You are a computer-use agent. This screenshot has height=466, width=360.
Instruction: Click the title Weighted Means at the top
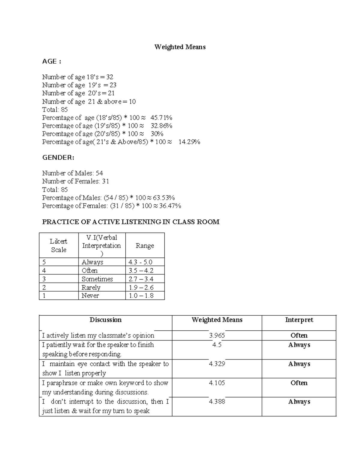pyautogui.click(x=180, y=47)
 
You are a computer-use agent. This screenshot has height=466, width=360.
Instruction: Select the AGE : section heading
pyautogui.click(x=52, y=62)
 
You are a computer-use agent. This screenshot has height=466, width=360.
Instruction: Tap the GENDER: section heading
pyautogui.click(x=58, y=158)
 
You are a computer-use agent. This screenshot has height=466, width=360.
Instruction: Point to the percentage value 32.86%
pyautogui.click(x=161, y=126)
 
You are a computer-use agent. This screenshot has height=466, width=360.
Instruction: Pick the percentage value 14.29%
pyautogui.click(x=189, y=142)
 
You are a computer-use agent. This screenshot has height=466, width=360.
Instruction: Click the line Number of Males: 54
pyautogui.click(x=73, y=173)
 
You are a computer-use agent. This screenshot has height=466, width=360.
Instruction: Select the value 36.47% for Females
pyautogui.click(x=171, y=206)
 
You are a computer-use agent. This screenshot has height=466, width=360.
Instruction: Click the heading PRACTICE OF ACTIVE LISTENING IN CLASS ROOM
pyautogui.click(x=131, y=222)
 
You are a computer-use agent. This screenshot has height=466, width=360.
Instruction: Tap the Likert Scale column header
pyautogui.click(x=58, y=245)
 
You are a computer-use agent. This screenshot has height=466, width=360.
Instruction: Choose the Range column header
pyautogui.click(x=145, y=245)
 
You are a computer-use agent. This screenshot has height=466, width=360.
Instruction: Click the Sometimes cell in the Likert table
pyautogui.click(x=97, y=279)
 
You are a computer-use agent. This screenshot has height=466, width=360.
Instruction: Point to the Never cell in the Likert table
pyautogui.click(x=90, y=296)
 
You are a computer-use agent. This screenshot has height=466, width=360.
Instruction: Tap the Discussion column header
pyautogui.click(x=106, y=320)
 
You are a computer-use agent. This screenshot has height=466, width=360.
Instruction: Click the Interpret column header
pyautogui.click(x=299, y=320)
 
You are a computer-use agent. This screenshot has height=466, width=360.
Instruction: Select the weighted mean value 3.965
pyautogui.click(x=217, y=335)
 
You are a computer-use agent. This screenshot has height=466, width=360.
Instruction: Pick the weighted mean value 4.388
pyautogui.click(x=217, y=401)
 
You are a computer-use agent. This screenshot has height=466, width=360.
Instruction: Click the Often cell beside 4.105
pyautogui.click(x=299, y=383)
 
